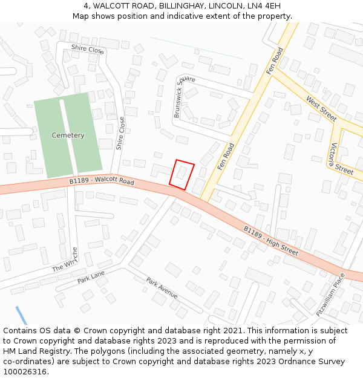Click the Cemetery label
(x=68, y=135)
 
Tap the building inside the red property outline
(x=181, y=173)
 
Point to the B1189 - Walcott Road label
(x=102, y=181)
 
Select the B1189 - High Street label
(x=271, y=239)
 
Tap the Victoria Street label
(x=342, y=158)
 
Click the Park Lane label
(x=91, y=278)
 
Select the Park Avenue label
(x=162, y=288)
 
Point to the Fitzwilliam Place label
(x=330, y=295)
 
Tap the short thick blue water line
(x=21, y=315)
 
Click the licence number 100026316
(x=25, y=371)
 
